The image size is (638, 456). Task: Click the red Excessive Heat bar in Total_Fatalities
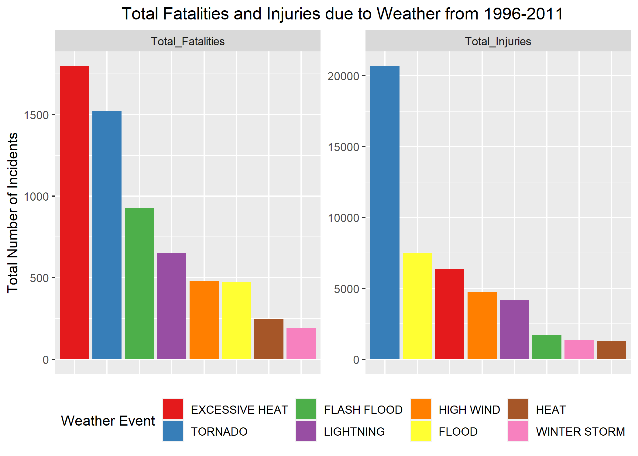[74, 213]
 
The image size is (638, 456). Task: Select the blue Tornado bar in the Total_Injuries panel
[385, 213]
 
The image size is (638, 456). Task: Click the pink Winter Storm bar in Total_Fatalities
[301, 344]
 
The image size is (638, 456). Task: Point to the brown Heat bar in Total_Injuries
[611, 350]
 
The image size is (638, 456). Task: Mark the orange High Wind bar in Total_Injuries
[482, 326]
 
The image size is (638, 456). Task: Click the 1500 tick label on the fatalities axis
[36, 115]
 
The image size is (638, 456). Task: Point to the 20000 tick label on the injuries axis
[343, 76]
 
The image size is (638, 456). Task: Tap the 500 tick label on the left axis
[39, 278]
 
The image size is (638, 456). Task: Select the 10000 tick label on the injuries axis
[343, 218]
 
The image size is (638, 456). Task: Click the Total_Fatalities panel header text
[188, 41]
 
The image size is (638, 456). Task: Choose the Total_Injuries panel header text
[498, 41]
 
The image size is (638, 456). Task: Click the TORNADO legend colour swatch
[173, 431]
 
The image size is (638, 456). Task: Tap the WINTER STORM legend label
[580, 432]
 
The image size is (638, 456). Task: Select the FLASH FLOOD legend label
[363, 410]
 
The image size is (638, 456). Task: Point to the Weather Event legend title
[108, 421]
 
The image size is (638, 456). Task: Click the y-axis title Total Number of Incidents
[13, 213]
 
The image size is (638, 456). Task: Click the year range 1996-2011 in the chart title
[523, 14]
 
